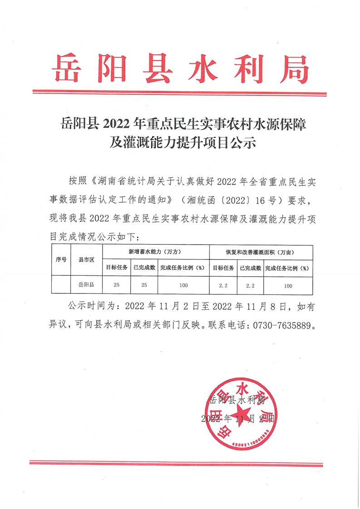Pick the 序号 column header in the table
click(x=61, y=259)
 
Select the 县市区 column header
click(x=86, y=259)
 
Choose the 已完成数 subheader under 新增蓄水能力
click(x=144, y=268)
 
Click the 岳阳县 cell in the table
click(x=86, y=285)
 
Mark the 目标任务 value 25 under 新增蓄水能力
click(x=117, y=285)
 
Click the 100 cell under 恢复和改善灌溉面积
click(x=288, y=285)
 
